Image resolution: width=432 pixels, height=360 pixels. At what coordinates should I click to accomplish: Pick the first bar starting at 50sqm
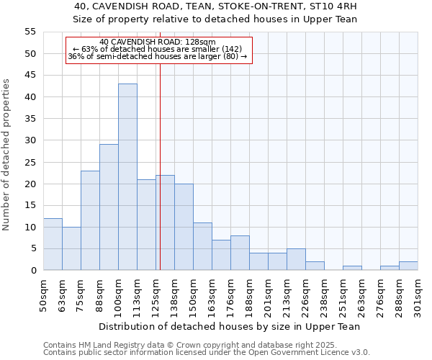(x=53, y=244)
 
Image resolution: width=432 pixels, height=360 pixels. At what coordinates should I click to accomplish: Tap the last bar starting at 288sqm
(x=408, y=266)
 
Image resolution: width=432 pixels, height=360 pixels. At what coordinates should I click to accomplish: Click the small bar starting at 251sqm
(x=352, y=268)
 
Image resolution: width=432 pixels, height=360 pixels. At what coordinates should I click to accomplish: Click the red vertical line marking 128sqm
(x=160, y=180)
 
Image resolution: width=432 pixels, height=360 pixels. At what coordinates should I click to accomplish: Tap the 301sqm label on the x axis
(x=418, y=296)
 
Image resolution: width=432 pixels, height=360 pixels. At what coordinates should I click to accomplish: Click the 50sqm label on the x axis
(x=43, y=296)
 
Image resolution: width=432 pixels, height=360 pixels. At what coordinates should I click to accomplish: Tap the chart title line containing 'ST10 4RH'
(x=216, y=6)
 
